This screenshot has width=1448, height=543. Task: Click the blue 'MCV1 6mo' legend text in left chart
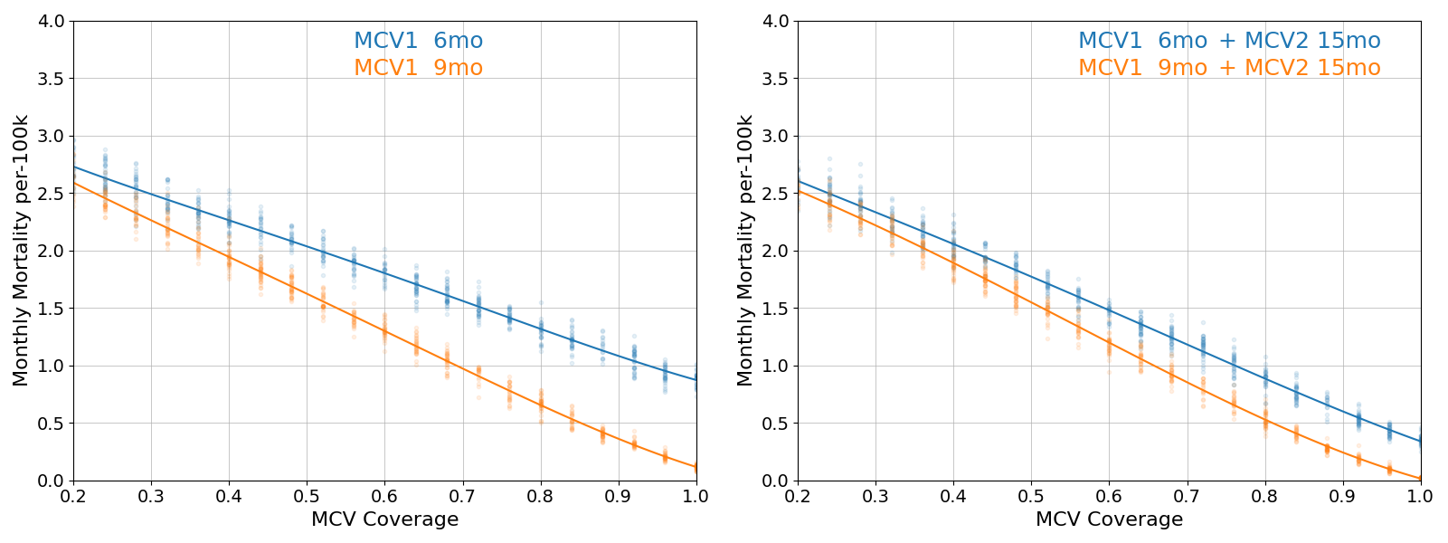click(418, 41)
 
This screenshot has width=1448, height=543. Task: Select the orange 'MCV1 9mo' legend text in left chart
click(418, 68)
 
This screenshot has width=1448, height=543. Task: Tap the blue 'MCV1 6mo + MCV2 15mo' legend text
click(1229, 41)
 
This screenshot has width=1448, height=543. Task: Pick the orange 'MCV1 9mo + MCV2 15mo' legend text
click(1229, 68)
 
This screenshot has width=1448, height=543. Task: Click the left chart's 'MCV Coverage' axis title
click(384, 519)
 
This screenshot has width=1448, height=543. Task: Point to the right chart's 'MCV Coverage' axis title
click(1109, 519)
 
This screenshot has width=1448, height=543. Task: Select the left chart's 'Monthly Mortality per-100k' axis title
click(21, 251)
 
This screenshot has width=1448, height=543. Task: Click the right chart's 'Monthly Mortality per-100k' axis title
click(745, 251)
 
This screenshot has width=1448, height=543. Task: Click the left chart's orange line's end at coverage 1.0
click(696, 467)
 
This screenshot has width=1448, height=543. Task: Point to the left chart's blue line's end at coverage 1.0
click(696, 380)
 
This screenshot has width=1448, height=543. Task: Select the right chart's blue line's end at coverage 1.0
click(1420, 442)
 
